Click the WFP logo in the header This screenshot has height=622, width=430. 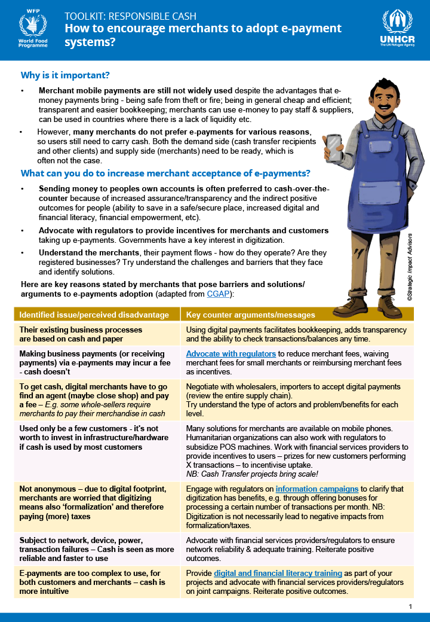click(x=32, y=29)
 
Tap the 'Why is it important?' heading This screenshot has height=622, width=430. click(x=65, y=75)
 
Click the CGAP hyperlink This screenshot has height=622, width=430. click(x=217, y=294)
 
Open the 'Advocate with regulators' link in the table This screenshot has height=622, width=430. click(x=231, y=353)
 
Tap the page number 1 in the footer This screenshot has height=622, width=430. click(x=410, y=606)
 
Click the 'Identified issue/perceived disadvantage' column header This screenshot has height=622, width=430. click(x=94, y=315)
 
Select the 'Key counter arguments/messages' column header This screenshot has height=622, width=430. click(x=250, y=315)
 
